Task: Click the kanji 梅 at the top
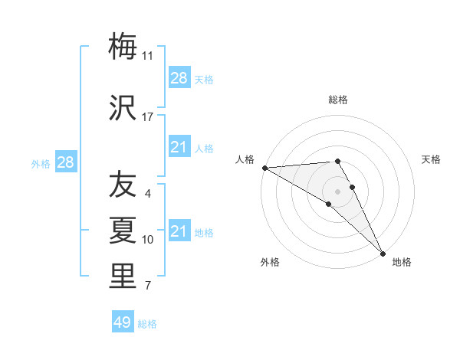pyautogui.click(x=123, y=47)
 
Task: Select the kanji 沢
pyautogui.click(x=123, y=109)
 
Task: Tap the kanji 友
pyautogui.click(x=123, y=185)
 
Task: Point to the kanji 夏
pyautogui.click(x=123, y=231)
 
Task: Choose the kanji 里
pyautogui.click(x=123, y=277)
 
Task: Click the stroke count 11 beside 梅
pyautogui.click(x=148, y=55)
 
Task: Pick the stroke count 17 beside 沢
pyautogui.click(x=148, y=117)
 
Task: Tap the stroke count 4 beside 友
pyautogui.click(x=148, y=193)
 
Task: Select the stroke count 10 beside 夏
pyautogui.click(x=148, y=239)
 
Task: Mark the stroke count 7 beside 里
pyautogui.click(x=148, y=286)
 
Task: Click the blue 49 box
pyautogui.click(x=123, y=322)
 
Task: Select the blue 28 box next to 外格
pyautogui.click(x=65, y=162)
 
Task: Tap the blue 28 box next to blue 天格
pyautogui.click(x=179, y=78)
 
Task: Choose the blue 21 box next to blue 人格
pyautogui.click(x=179, y=147)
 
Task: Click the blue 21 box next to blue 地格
pyautogui.click(x=179, y=231)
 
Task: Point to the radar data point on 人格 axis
pyautogui.click(x=264, y=168)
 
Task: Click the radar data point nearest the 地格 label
pyautogui.click(x=383, y=253)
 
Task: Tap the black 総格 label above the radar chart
pyautogui.click(x=338, y=100)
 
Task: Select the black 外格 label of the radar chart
pyautogui.click(x=270, y=262)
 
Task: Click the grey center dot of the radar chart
pyautogui.click(x=337, y=191)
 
